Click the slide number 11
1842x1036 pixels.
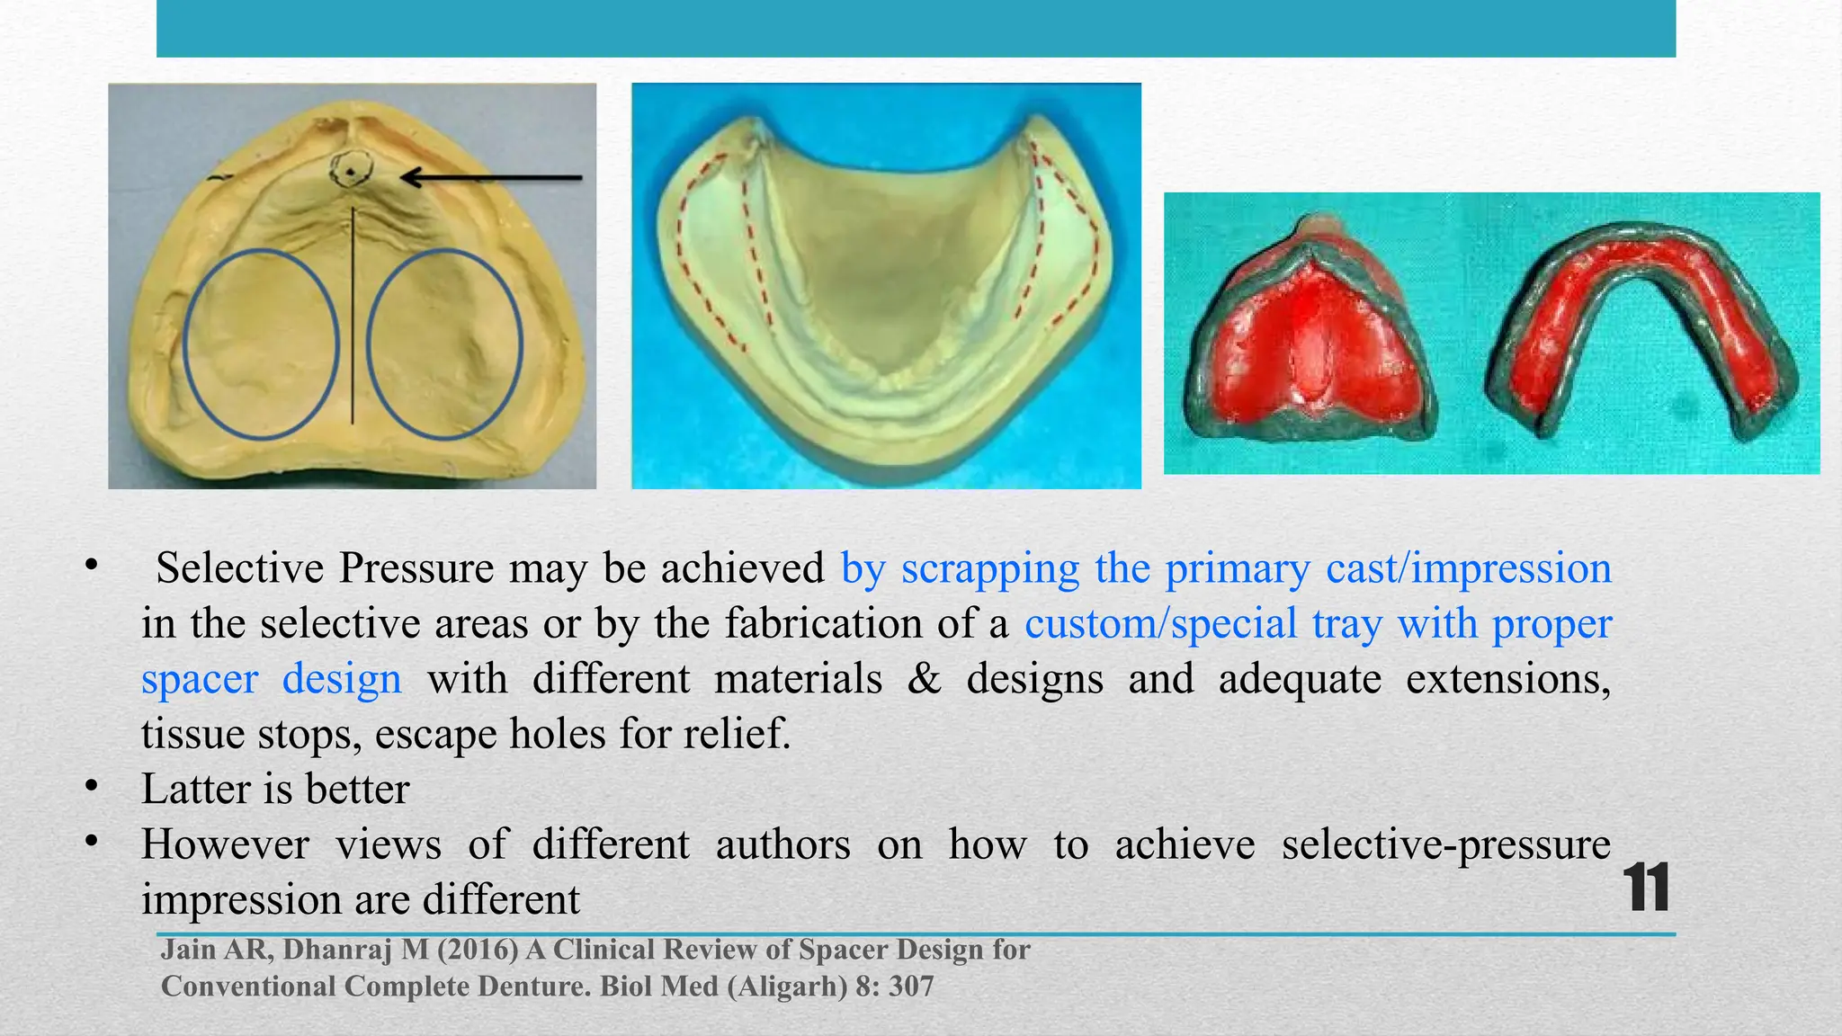(x=1647, y=888)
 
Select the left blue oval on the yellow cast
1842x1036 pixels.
(x=261, y=344)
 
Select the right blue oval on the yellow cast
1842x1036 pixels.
(x=445, y=344)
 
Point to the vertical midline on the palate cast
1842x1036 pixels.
(x=353, y=315)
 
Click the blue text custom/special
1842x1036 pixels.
(x=1160, y=623)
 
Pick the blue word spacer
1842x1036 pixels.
(x=199, y=679)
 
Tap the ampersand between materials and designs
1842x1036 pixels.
(x=924, y=679)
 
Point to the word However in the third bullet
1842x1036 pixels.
(x=225, y=844)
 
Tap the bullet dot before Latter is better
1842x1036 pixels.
(x=91, y=787)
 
